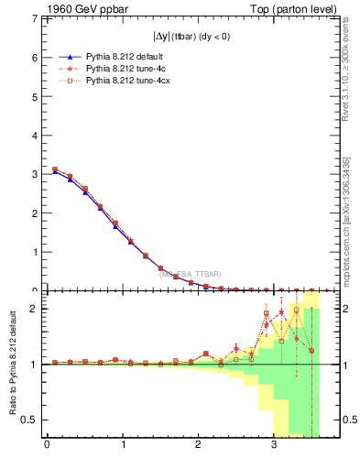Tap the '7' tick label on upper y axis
[34, 18]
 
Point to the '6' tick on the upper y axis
[34, 57]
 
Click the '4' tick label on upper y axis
[34, 135]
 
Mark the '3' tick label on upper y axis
[34, 174]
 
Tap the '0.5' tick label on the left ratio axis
[28, 420]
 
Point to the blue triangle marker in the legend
[71, 55]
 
